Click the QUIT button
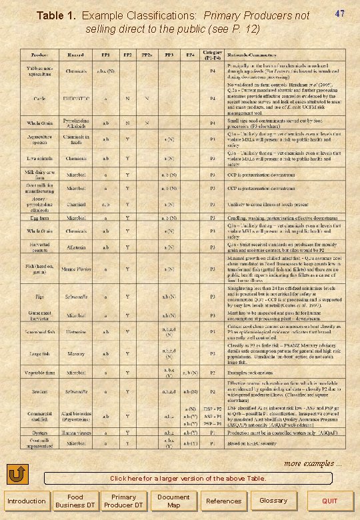point(329,501)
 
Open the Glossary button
point(273,501)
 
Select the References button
point(223,501)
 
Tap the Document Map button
point(173,501)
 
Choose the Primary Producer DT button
point(123,501)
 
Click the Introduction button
point(26,501)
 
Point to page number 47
point(339,13)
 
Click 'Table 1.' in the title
point(56,15)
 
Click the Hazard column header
point(73,54)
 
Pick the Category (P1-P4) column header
point(213,53)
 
